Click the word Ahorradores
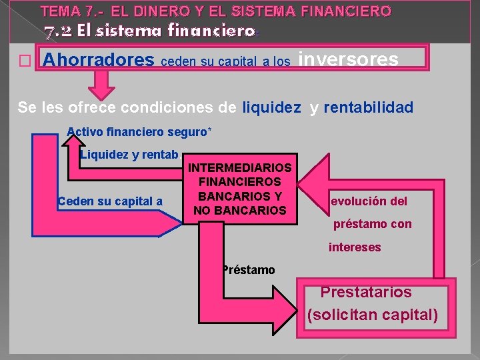coord(98,60)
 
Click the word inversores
coord(348,59)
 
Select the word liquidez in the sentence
coord(271,107)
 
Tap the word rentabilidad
coord(369,107)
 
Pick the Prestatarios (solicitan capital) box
coord(372,303)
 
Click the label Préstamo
coord(249,269)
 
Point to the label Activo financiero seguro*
coord(139,131)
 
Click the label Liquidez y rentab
coord(129,155)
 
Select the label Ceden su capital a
coord(110,201)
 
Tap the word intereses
coord(355,247)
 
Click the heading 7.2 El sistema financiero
coord(149,31)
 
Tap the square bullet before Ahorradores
coord(26,61)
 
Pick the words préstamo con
coord(373,224)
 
